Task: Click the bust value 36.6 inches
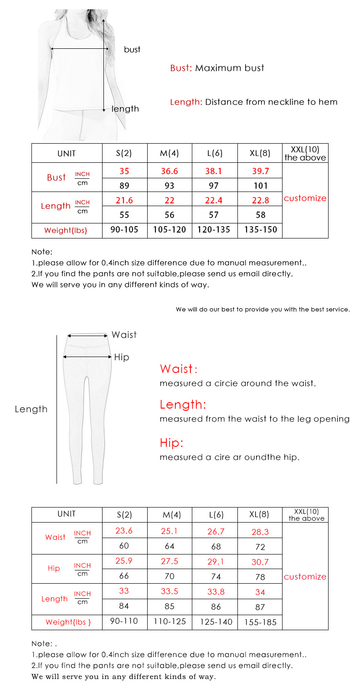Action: (170, 171)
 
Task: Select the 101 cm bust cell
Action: (260, 186)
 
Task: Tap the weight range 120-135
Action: (214, 230)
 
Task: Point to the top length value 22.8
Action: (260, 200)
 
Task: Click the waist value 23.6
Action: (124, 531)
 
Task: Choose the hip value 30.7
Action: (260, 562)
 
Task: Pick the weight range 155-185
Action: (260, 622)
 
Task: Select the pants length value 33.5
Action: (169, 591)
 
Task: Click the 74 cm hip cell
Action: (216, 577)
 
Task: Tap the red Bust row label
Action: (57, 177)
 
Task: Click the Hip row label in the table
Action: (54, 568)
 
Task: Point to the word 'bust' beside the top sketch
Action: (132, 49)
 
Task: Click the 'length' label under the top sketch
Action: (125, 109)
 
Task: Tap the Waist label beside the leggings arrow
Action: (124, 335)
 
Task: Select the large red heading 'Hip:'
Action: (171, 443)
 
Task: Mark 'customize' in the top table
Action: (305, 198)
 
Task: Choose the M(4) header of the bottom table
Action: (172, 515)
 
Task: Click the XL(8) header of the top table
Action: (260, 153)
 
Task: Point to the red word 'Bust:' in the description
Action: (180, 68)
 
